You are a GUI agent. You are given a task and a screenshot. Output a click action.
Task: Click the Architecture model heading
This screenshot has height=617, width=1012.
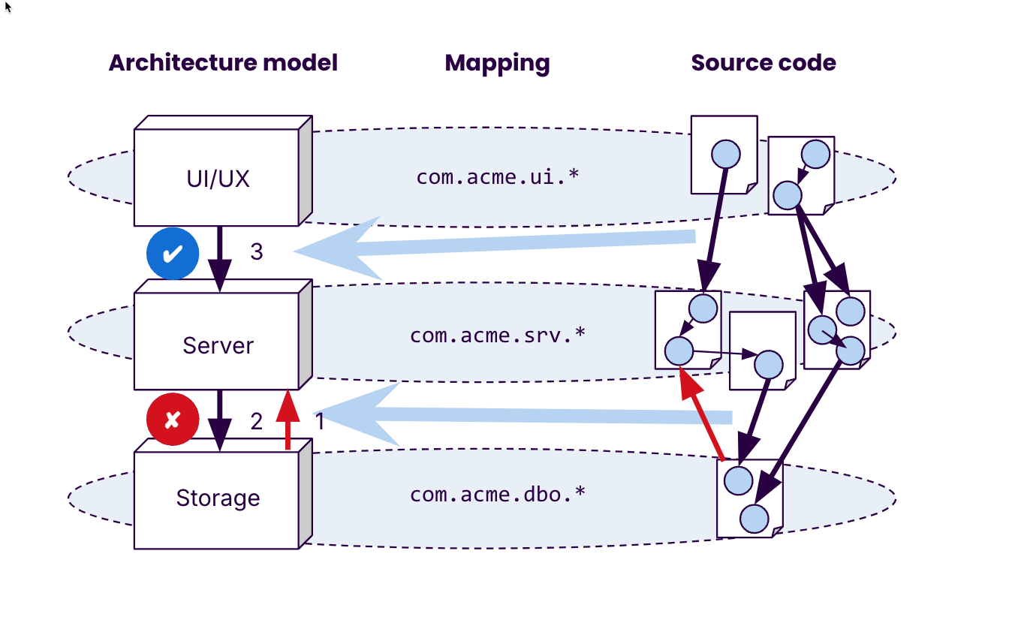click(223, 62)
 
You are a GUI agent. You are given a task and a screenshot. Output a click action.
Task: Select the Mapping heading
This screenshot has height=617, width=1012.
click(497, 62)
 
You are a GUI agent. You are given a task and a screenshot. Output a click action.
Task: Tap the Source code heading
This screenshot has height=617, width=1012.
click(763, 62)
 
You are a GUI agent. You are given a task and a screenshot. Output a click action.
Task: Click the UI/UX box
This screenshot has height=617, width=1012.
click(217, 178)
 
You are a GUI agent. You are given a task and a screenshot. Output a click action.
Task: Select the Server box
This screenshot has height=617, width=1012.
click(217, 345)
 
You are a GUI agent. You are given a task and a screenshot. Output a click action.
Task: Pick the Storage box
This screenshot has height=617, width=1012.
click(217, 498)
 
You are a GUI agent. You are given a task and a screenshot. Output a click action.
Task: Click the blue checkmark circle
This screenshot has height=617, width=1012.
click(173, 254)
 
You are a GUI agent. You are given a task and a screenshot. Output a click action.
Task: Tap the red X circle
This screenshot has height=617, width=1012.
click(173, 419)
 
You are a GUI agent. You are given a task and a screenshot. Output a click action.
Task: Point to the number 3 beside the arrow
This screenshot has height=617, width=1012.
click(257, 252)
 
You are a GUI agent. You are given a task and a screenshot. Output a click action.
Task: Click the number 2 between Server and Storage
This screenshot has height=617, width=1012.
click(257, 422)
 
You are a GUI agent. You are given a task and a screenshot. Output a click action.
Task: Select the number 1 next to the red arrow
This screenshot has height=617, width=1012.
click(319, 422)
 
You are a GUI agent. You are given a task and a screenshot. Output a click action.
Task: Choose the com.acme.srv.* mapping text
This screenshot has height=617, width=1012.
click(497, 335)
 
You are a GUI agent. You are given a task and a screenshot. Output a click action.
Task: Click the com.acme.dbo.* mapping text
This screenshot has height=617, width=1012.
click(497, 495)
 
